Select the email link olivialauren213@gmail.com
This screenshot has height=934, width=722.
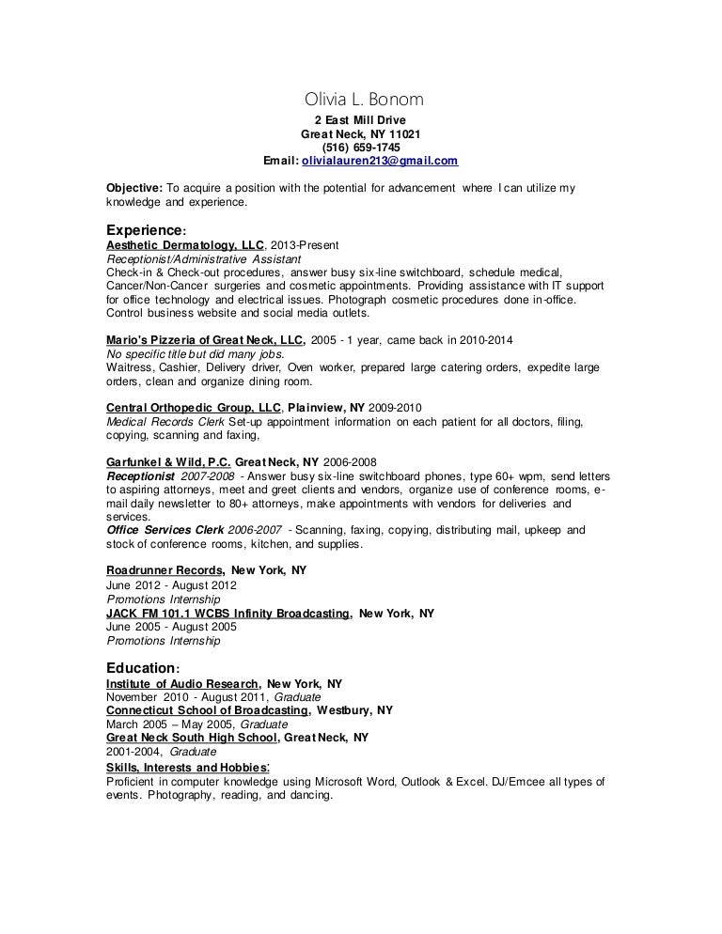click(380, 161)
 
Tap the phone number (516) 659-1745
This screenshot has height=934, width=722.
click(360, 148)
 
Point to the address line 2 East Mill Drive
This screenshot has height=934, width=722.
click(360, 120)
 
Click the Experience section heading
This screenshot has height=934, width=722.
click(144, 229)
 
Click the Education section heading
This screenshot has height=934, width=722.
click(141, 667)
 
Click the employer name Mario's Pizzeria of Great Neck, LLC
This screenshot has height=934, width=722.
click(205, 339)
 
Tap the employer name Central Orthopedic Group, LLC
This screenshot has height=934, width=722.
click(194, 407)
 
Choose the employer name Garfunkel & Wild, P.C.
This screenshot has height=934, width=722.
click(168, 462)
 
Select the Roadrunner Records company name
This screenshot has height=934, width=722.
click(165, 570)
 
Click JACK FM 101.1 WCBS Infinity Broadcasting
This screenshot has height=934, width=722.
click(229, 613)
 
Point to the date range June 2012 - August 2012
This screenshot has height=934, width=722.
click(172, 584)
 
